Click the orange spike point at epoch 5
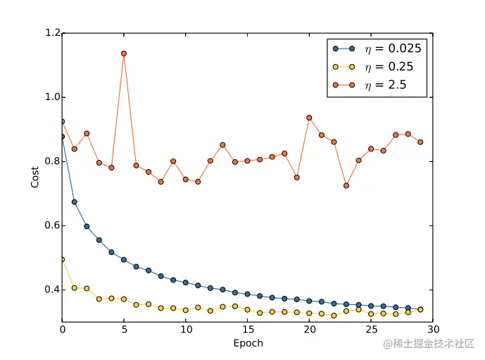pyautogui.click(x=124, y=54)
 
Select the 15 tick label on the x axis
pyautogui.click(x=247, y=330)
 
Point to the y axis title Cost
pyautogui.click(x=35, y=177)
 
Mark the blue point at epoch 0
pyautogui.click(x=63, y=137)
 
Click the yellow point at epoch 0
pyautogui.click(x=63, y=259)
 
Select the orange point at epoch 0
pyautogui.click(x=63, y=121)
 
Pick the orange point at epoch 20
pyautogui.click(x=309, y=118)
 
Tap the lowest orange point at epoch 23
pyautogui.click(x=346, y=186)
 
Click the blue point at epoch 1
pyautogui.click(x=75, y=202)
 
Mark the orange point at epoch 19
pyautogui.click(x=296, y=178)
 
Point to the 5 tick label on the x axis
pyautogui.click(x=124, y=330)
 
